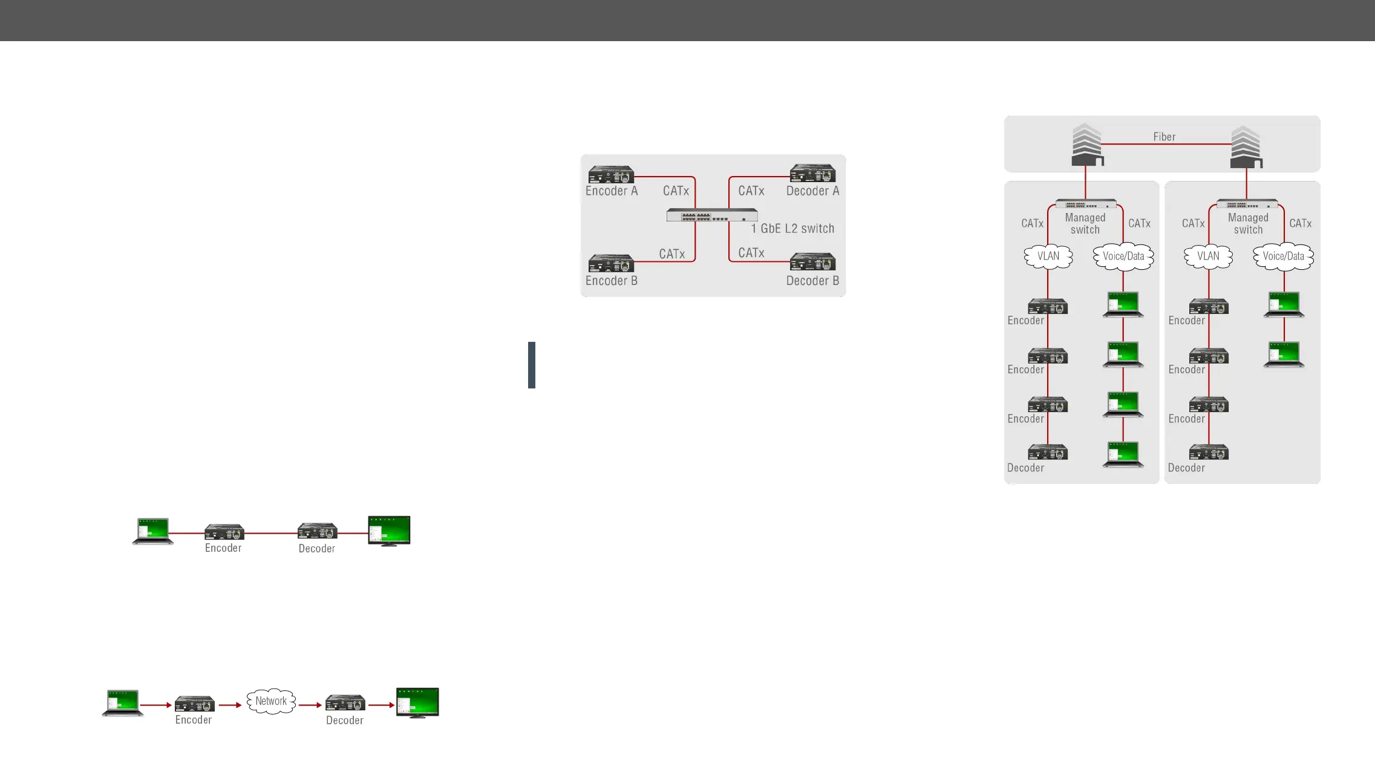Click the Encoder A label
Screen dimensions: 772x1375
pos(612,191)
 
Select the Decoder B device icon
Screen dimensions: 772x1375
pos(812,262)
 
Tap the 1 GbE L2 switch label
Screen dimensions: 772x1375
pos(792,229)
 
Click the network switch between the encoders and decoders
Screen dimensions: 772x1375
pos(712,215)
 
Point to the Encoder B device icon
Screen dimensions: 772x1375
pos(611,263)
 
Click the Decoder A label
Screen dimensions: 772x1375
pos(812,191)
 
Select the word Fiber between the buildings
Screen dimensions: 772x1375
pos(1164,137)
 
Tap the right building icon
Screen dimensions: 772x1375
pos(1246,147)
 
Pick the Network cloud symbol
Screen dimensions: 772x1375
pos(271,701)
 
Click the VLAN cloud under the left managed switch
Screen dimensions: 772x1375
pos(1048,256)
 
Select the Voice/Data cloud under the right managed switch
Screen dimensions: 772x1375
pos(1283,256)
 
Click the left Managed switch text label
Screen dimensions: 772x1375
pos(1085,223)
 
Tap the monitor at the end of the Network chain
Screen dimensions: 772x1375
pos(417,702)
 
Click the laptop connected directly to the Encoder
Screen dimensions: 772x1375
pos(153,531)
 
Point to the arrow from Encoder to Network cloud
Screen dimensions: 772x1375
pos(230,705)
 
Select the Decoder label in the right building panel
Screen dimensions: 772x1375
pos(1186,468)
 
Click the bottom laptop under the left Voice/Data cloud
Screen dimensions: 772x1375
pos(1123,454)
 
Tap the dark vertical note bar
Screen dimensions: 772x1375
pos(531,365)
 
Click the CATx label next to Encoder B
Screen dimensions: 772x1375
pos(671,254)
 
